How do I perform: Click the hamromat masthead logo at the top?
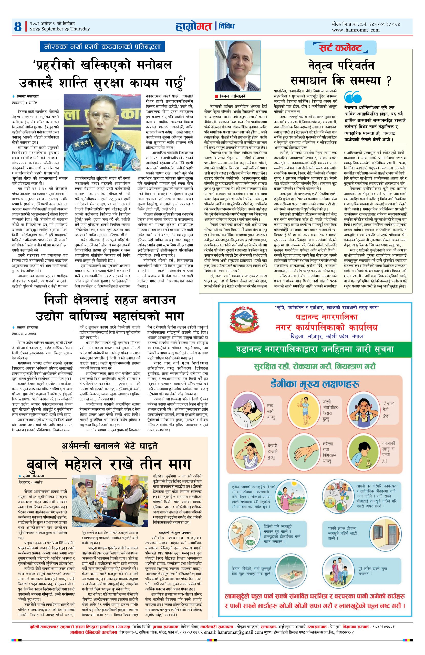[x=193, y=26]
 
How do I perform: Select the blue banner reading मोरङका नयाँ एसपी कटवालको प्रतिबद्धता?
[x=102, y=47]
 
